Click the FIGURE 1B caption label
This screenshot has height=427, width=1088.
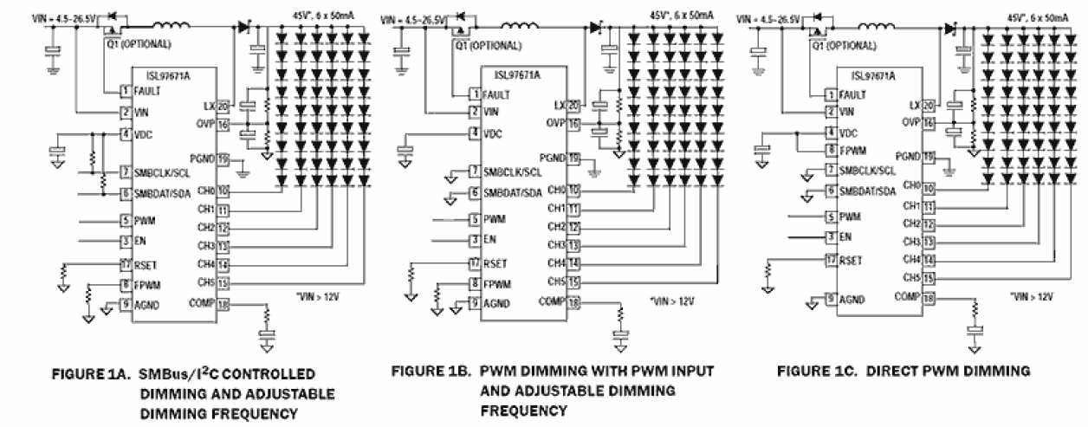(x=434, y=372)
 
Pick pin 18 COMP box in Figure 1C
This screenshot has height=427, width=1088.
(x=929, y=297)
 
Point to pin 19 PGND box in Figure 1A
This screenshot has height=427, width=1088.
(x=223, y=160)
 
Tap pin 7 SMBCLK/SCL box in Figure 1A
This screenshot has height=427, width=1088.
(x=125, y=171)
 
